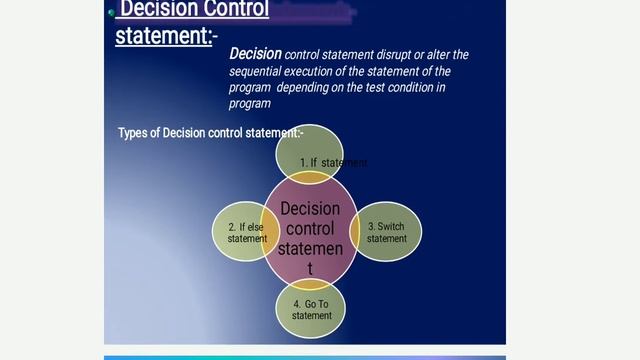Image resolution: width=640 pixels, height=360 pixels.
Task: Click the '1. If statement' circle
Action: click(x=310, y=154)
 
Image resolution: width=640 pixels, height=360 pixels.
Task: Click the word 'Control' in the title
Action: click(x=229, y=10)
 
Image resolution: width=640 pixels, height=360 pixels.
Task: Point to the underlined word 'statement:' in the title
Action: click(x=162, y=36)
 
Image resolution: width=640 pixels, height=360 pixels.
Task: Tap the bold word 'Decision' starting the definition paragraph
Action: click(x=255, y=54)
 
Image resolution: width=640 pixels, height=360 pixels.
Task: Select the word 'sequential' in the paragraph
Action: click(x=260, y=71)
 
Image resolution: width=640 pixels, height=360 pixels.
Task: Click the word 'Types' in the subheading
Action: click(x=132, y=133)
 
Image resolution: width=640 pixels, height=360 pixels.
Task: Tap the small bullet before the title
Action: click(x=111, y=12)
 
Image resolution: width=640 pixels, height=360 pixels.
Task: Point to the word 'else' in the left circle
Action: click(x=254, y=227)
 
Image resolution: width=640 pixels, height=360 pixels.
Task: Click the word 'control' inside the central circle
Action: click(x=310, y=229)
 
